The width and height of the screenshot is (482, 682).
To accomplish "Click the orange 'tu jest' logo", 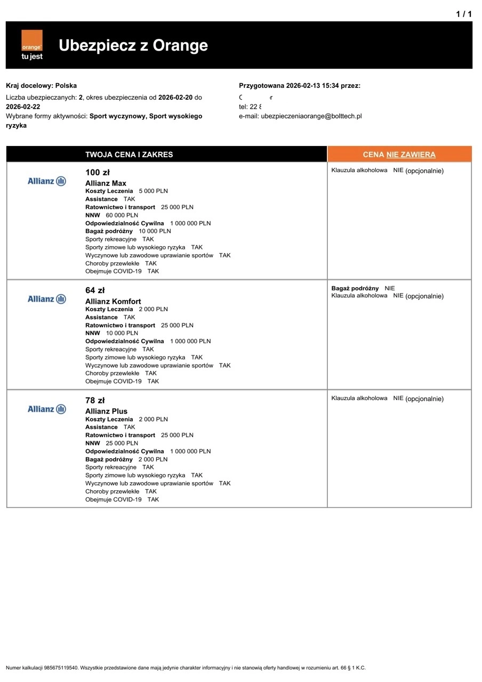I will click(31, 45).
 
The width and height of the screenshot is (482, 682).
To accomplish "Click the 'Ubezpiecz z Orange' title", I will click(133, 45).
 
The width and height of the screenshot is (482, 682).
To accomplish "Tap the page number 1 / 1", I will click(464, 14).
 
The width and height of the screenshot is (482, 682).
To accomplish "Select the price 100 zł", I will click(97, 173).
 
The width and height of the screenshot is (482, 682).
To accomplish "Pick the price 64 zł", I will click(95, 290).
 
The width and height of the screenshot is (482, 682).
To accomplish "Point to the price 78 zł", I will click(95, 401).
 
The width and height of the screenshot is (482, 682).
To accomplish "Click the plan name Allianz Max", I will click(106, 183).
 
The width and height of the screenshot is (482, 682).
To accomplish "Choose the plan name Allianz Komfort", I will click(113, 302).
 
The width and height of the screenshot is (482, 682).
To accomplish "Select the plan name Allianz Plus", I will click(106, 411).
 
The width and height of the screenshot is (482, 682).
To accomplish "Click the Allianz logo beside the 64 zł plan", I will click(47, 299).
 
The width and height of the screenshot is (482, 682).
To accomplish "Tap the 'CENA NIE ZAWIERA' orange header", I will click(399, 155).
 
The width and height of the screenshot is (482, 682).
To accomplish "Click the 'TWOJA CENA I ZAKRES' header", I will click(129, 155).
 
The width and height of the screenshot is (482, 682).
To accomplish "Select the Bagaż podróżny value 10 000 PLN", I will click(155, 231).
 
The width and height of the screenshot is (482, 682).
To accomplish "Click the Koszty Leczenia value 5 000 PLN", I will click(154, 191).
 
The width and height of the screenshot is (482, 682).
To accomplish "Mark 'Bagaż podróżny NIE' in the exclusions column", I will click(363, 288).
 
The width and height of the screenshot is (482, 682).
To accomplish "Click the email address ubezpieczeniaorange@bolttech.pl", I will click(311, 116).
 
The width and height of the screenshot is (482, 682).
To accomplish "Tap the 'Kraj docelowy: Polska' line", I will click(41, 85).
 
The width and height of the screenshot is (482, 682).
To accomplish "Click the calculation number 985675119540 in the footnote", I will click(61, 668).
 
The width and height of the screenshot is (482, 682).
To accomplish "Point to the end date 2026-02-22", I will click(23, 107).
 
